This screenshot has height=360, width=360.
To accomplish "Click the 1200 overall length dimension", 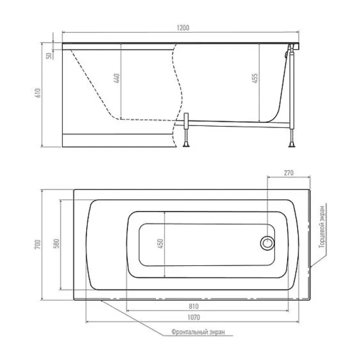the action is click(x=183, y=28).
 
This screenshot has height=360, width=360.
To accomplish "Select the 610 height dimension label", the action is click(x=38, y=93).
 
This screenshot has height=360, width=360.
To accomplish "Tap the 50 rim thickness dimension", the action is click(x=49, y=56).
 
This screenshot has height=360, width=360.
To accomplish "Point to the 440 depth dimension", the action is click(x=117, y=78).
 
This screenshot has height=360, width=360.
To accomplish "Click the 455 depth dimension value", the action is click(x=255, y=78).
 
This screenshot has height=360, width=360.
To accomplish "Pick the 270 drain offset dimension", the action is click(x=288, y=172).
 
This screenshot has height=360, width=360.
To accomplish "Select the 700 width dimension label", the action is click(x=38, y=244).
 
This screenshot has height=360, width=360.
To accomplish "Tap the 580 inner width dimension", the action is click(x=56, y=243).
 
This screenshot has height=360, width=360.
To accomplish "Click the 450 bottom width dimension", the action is click(x=160, y=243).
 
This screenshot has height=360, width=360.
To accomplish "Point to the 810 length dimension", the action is click(x=193, y=306).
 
